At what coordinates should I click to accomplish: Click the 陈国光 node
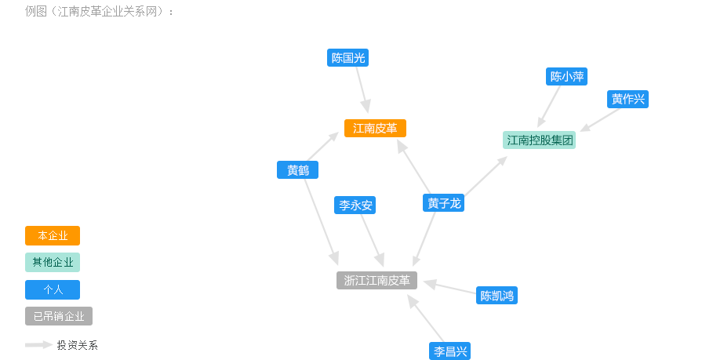coord(347,57)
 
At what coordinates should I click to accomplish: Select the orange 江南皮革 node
coord(375,128)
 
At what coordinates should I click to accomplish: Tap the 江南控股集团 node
coord(540,140)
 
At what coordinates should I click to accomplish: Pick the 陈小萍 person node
coord(566,77)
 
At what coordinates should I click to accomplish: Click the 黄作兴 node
coord(628,99)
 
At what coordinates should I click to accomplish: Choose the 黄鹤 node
coord(297,169)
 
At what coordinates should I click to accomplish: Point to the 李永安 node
coord(355,205)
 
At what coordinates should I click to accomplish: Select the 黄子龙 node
coord(443,203)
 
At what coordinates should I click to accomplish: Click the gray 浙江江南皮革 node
coord(377,280)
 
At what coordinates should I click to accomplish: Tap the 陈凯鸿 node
coord(497,296)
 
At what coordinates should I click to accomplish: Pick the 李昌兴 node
coord(450,351)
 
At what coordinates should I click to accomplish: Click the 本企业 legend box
coord(53,235)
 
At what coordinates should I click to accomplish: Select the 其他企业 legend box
coord(53,262)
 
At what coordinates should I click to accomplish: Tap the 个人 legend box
coord(53,289)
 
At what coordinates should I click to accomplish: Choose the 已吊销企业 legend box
coord(59,316)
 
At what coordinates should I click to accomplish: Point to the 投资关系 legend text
coord(77,345)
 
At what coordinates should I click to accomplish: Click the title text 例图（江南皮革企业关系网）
coord(100,12)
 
